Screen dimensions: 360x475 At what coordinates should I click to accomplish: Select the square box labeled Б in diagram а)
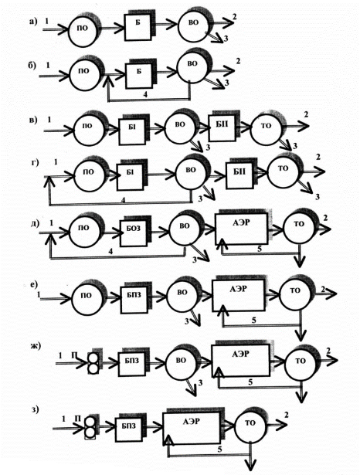point(138,27)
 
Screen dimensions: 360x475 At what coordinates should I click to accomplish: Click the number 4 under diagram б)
point(145,94)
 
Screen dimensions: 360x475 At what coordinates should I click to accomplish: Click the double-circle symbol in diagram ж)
point(93,362)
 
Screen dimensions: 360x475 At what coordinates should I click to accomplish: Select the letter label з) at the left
point(36,409)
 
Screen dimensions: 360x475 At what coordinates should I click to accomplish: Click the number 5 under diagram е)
point(254,320)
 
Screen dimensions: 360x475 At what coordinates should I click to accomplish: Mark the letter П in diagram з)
point(77,418)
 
